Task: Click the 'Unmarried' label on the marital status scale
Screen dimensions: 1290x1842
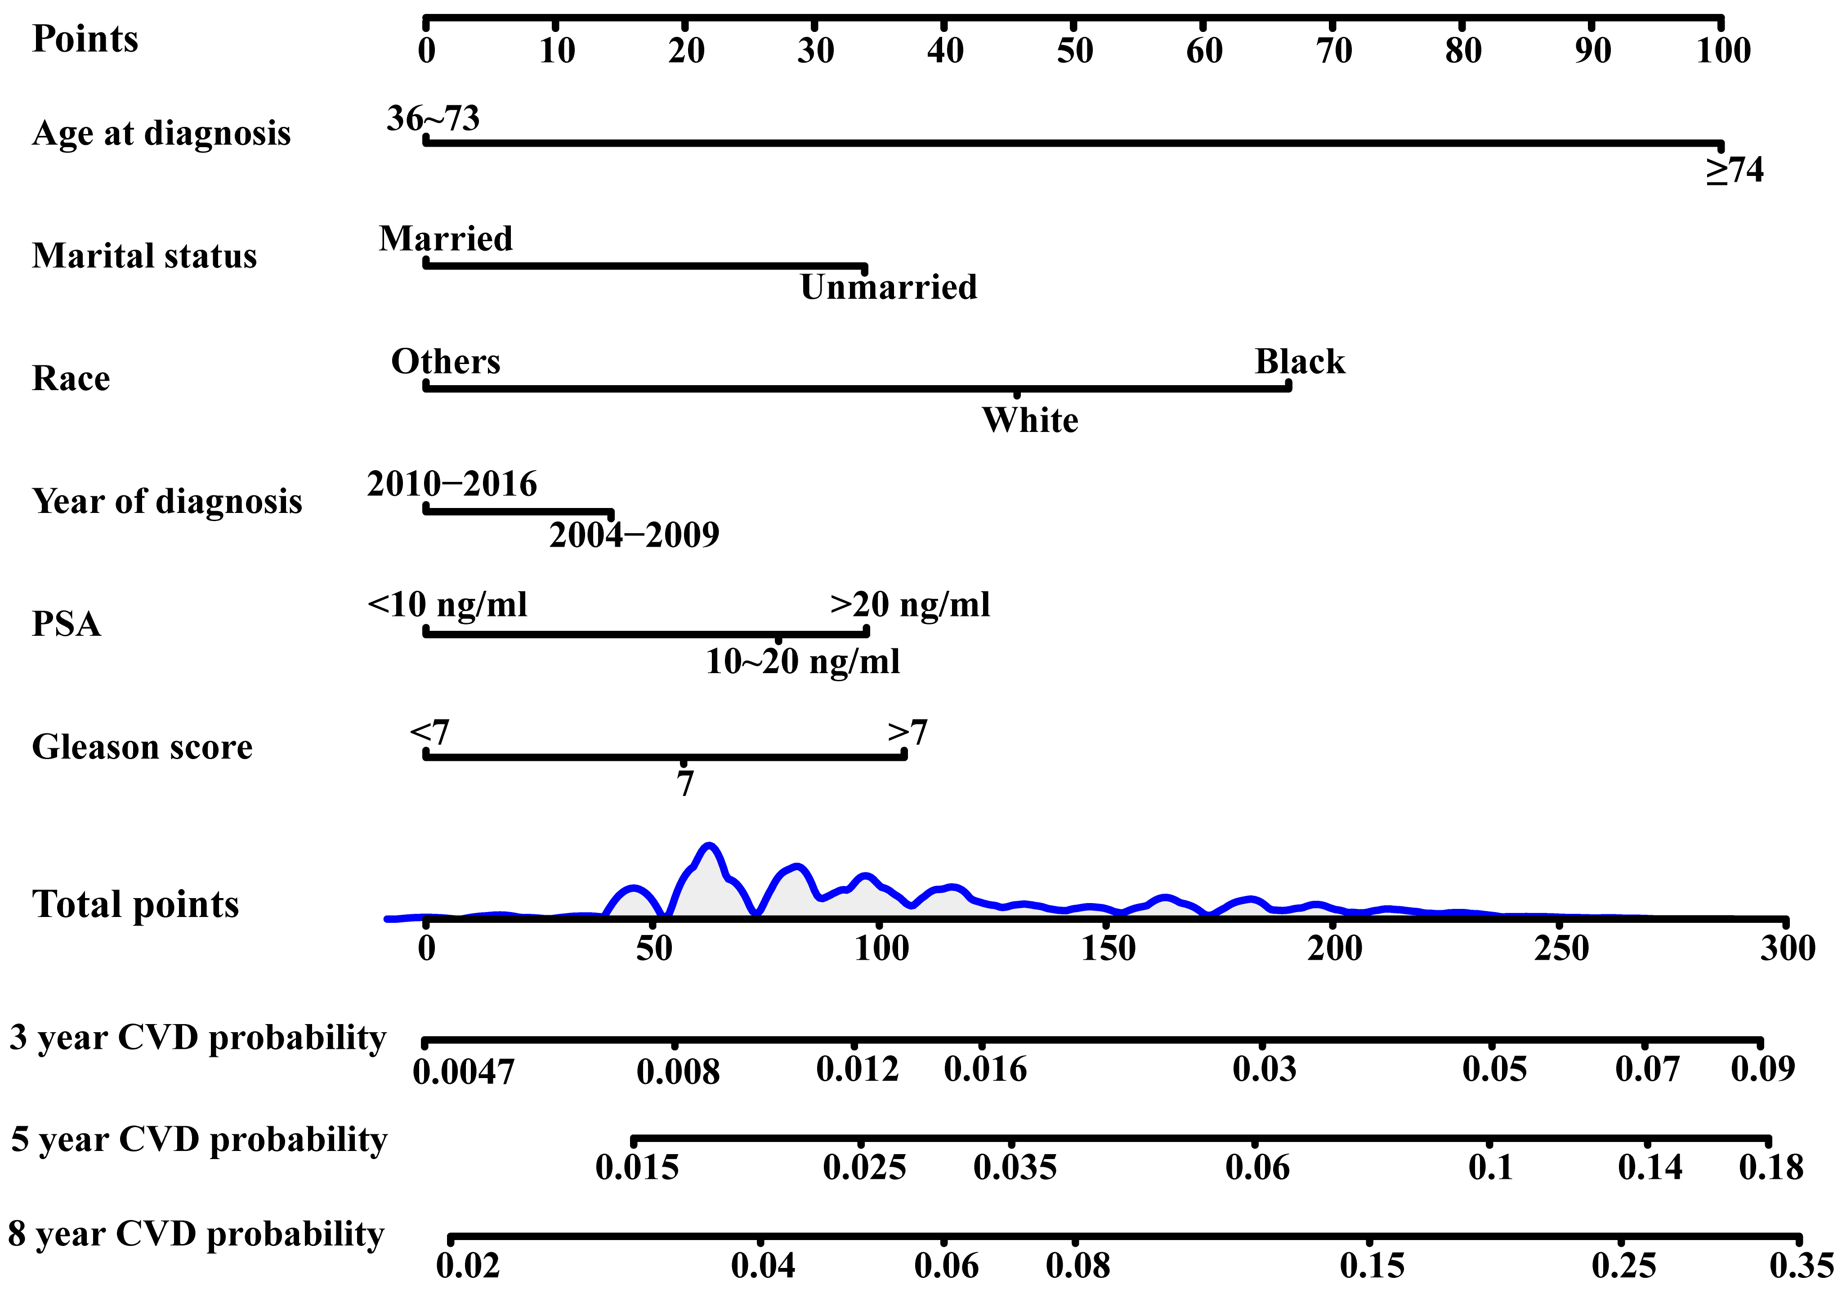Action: [x=888, y=288]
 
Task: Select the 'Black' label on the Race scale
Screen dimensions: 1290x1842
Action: [x=1300, y=362]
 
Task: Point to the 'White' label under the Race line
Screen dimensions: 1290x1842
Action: [x=1030, y=421]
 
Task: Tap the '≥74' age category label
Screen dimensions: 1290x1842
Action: [x=1735, y=170]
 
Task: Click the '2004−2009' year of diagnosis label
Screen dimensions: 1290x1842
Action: [x=634, y=535]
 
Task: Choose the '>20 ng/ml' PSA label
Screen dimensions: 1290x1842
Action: [x=910, y=604]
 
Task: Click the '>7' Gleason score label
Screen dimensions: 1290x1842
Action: [x=908, y=732]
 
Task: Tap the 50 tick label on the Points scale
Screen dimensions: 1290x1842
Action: [x=1074, y=50]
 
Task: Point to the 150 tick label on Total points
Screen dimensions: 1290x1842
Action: [x=1108, y=949]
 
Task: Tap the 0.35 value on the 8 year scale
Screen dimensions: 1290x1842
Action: [x=1801, y=1266]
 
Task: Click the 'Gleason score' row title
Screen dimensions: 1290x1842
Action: [x=142, y=747]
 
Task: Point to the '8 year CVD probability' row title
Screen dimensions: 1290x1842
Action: [x=196, y=1234]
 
